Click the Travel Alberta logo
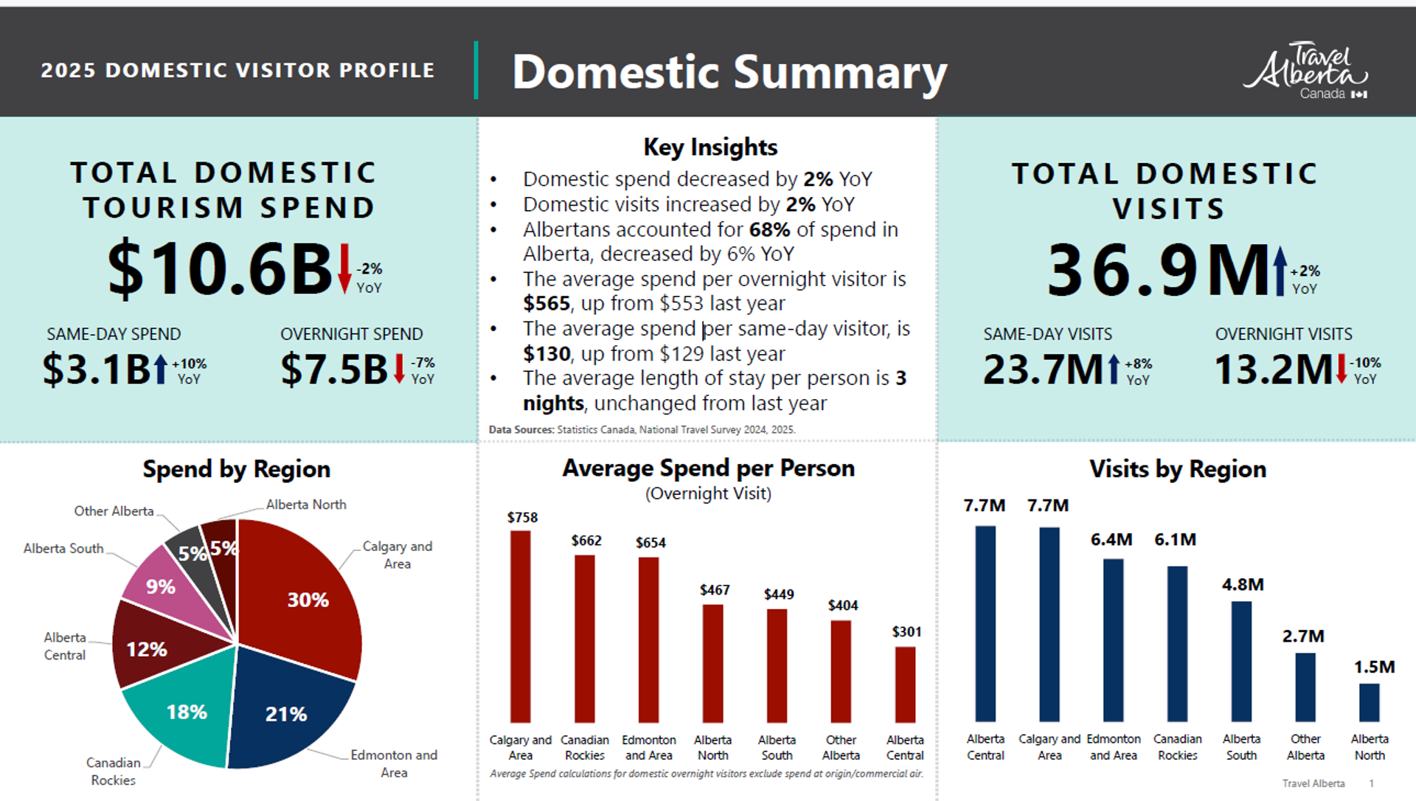[x=1305, y=71]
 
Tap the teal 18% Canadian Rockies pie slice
[x=184, y=708]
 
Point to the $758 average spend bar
[x=520, y=626]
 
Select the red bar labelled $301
[x=905, y=684]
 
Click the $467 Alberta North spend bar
[x=712, y=664]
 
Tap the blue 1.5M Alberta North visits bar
[x=1369, y=702]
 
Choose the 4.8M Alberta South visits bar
[x=1241, y=662]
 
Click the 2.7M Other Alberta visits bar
[x=1305, y=687]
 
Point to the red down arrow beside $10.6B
[x=344, y=268]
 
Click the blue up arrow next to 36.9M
[x=1280, y=271]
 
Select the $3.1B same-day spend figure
[x=96, y=369]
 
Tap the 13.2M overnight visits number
[x=1274, y=370]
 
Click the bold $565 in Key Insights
[x=546, y=303]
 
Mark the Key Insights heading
[x=710, y=147]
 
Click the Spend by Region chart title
[x=236, y=469]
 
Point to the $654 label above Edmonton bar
[x=650, y=543]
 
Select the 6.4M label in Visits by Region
[x=1111, y=539]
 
